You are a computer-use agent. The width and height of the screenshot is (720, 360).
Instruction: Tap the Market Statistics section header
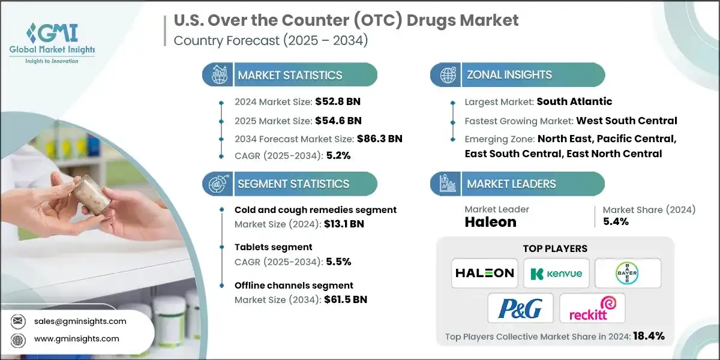(x=290, y=75)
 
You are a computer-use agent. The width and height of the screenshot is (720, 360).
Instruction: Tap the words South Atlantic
(x=574, y=101)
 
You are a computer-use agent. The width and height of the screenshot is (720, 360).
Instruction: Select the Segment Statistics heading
(x=293, y=184)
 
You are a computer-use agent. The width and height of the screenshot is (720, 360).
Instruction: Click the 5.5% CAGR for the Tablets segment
(x=338, y=262)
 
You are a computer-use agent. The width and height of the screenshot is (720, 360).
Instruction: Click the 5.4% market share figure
(x=616, y=222)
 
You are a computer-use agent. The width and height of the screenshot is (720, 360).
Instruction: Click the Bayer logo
(x=628, y=273)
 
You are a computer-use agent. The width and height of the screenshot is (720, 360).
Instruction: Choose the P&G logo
(x=520, y=308)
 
